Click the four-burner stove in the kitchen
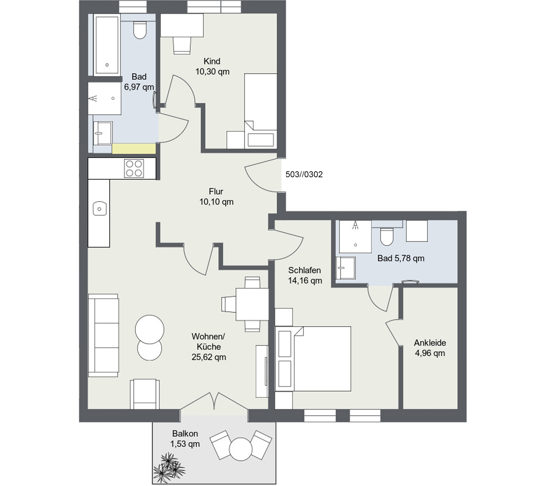click(134, 168)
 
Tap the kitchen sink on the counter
click(100, 208)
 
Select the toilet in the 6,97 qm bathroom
click(140, 30)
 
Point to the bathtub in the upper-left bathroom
click(106, 45)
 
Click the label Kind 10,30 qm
click(212, 66)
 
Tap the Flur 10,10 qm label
click(216, 196)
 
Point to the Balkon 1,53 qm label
click(185, 439)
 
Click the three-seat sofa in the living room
click(103, 335)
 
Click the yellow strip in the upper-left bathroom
click(134, 148)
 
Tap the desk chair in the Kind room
click(182, 45)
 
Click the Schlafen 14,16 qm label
click(305, 275)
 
